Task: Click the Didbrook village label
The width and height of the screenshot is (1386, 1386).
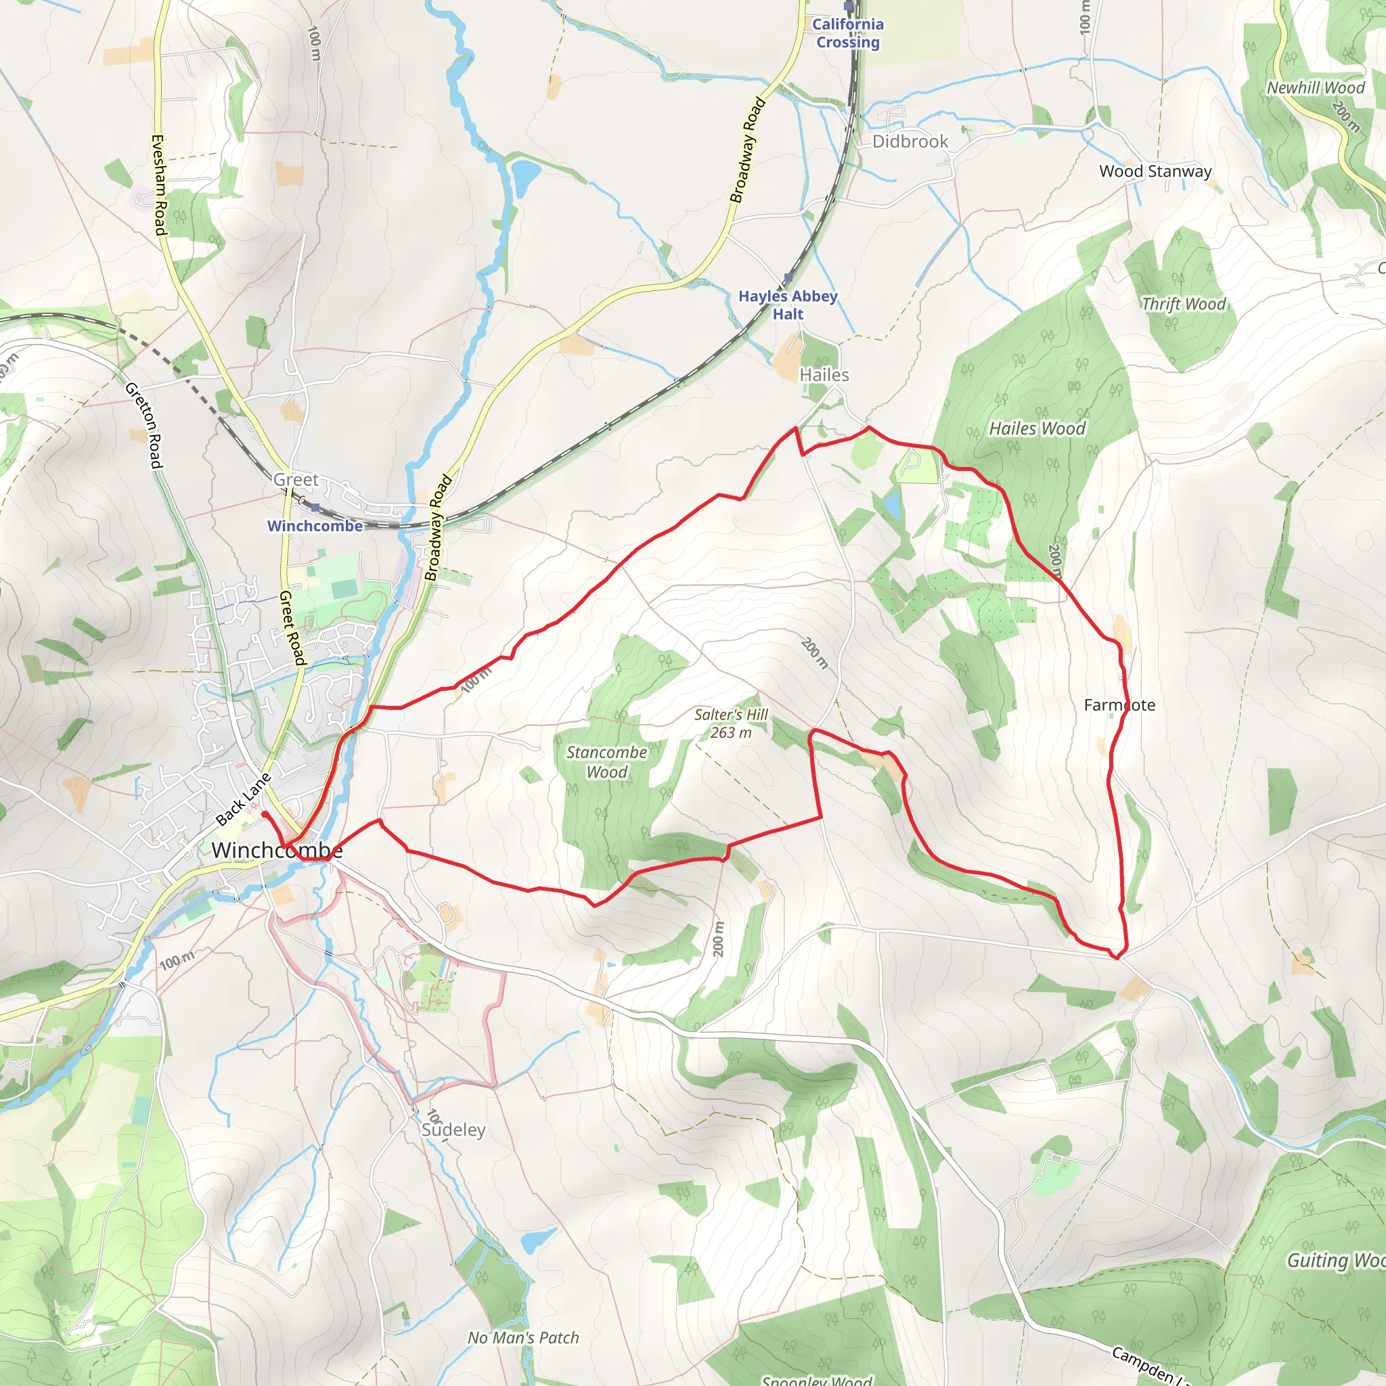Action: tap(910, 141)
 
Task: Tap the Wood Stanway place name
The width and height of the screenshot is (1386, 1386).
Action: tap(1155, 171)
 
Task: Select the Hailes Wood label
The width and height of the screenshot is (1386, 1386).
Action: tap(1037, 428)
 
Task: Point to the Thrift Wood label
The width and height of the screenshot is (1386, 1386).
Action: tap(1184, 303)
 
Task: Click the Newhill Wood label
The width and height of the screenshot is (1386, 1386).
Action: tap(1316, 87)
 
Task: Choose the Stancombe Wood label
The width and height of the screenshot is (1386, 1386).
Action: tap(606, 762)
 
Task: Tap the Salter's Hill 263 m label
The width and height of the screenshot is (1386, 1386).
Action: tap(730, 723)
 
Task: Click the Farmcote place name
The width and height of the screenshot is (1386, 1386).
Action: tap(1119, 705)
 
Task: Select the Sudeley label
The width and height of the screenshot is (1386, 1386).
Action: tap(453, 1130)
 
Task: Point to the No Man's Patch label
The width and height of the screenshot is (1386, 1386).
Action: tap(523, 1337)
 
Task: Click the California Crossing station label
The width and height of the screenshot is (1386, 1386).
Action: tap(848, 33)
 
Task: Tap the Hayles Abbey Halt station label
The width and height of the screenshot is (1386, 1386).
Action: tap(788, 305)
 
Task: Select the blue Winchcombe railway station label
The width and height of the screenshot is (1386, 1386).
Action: tap(315, 526)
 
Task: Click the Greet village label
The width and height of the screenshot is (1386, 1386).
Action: tap(296, 479)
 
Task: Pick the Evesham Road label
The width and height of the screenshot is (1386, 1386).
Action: tap(159, 184)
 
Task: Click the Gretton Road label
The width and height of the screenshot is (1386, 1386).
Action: tap(144, 426)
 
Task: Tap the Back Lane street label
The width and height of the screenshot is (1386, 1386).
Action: tap(243, 799)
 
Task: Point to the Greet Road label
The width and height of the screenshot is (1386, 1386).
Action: tap(292, 628)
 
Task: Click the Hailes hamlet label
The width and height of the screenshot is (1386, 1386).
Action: tap(824, 375)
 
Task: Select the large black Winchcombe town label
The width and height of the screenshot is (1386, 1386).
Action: tap(277, 851)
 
